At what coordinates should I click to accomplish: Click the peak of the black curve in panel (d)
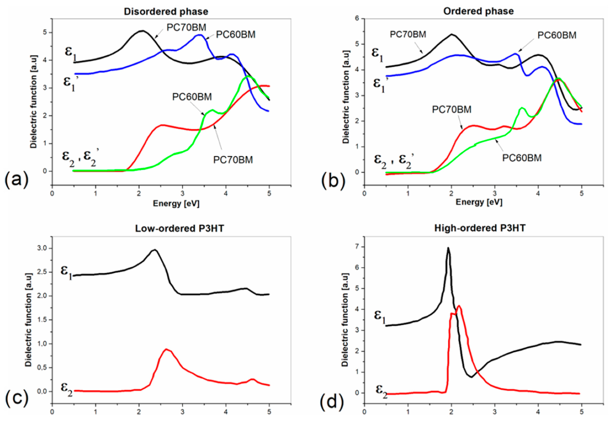tap(448, 248)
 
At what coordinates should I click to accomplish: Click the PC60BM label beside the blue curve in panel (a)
tap(235, 35)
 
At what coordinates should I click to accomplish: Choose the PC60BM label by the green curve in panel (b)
tap(522, 158)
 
